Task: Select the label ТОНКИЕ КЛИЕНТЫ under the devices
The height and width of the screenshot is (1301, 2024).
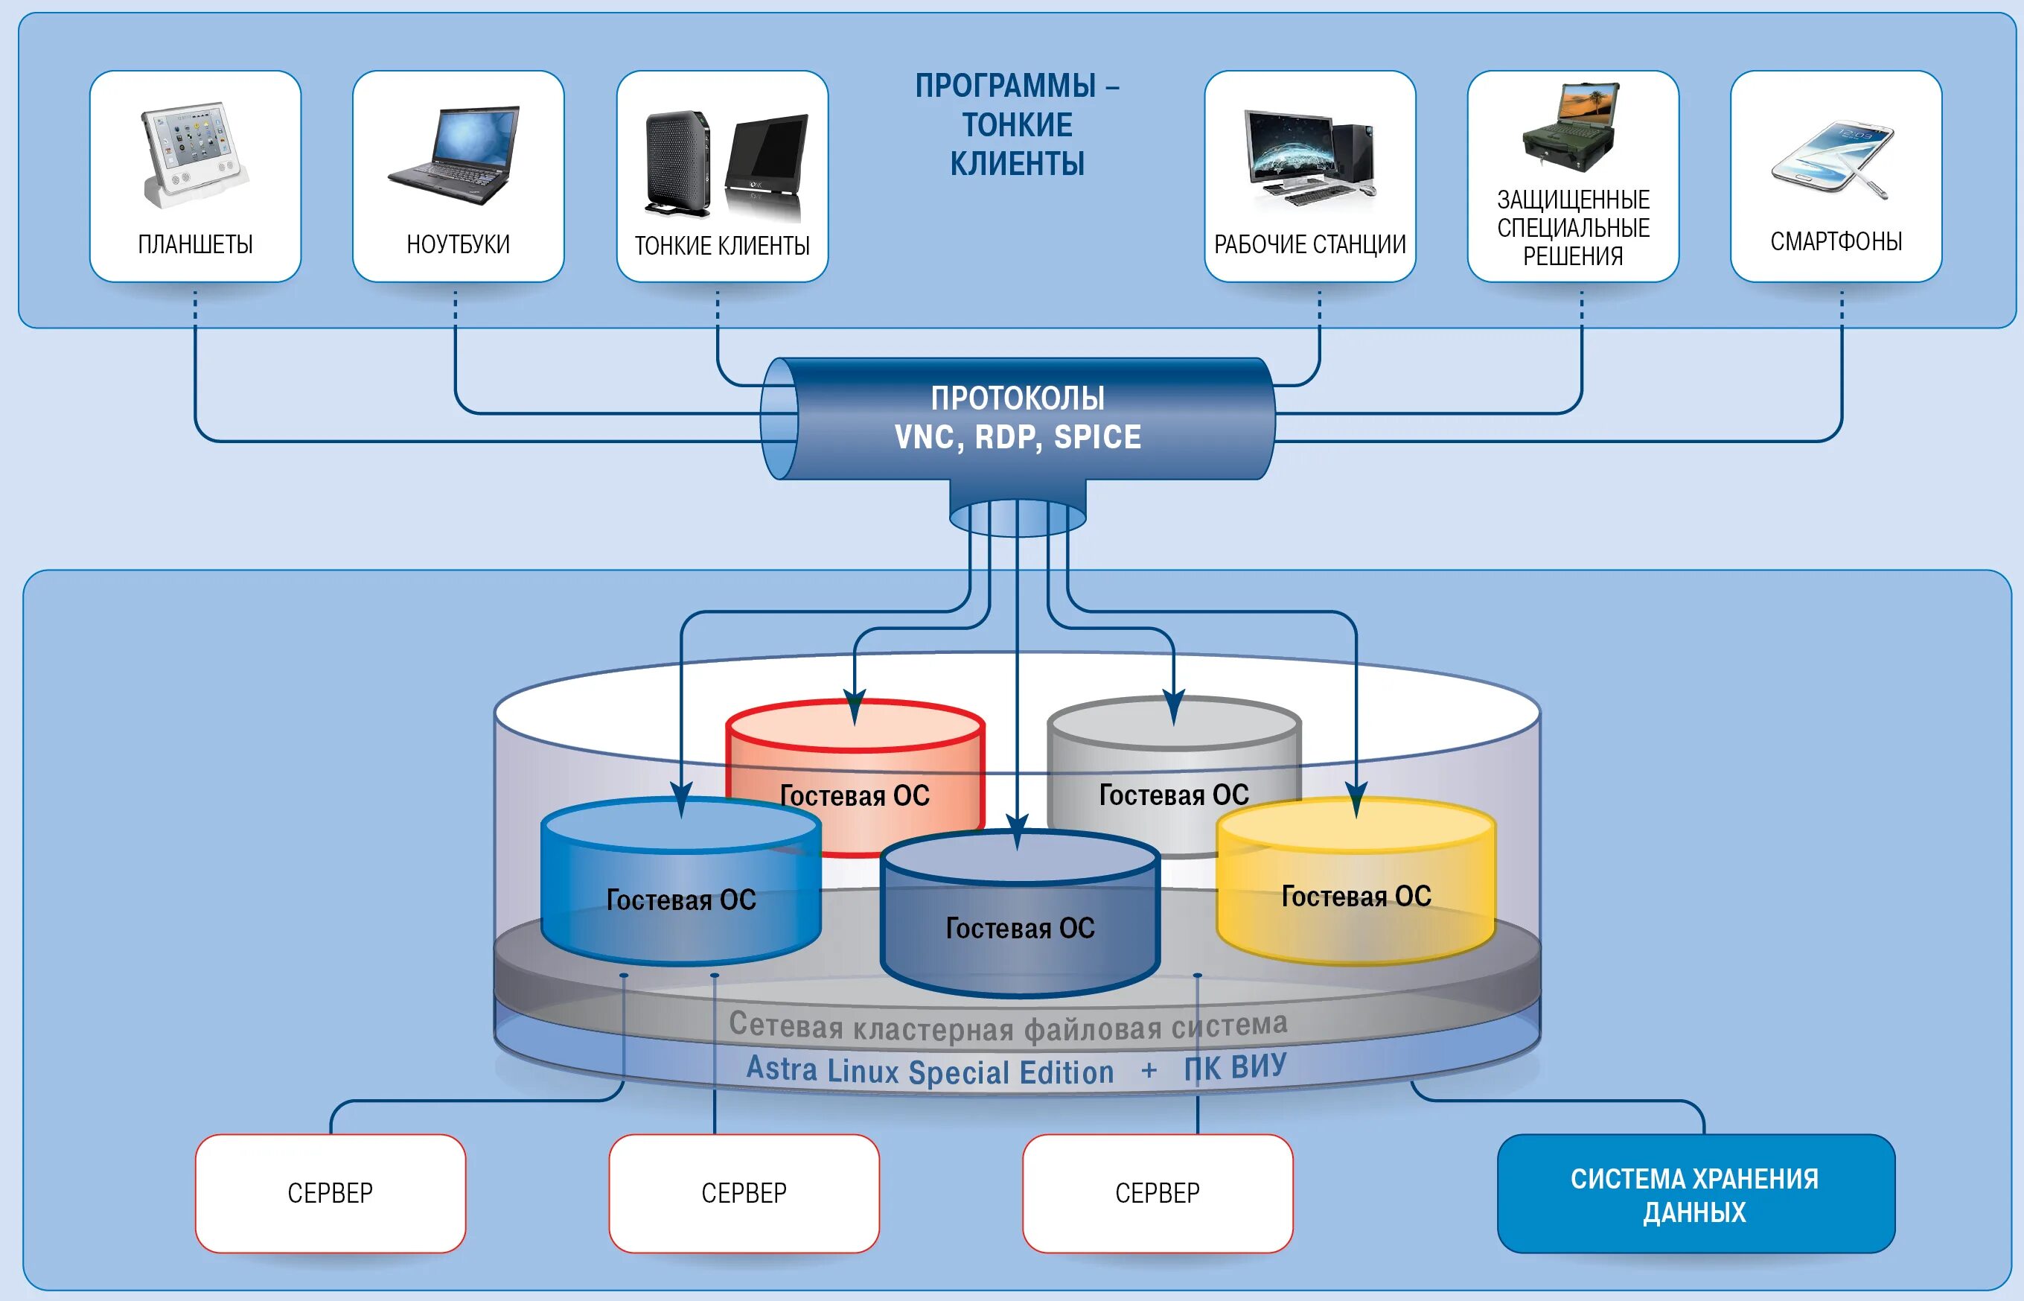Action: point(722,246)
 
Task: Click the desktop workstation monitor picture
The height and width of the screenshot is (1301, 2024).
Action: point(1292,152)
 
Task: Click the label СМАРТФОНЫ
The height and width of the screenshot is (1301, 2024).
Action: point(1836,241)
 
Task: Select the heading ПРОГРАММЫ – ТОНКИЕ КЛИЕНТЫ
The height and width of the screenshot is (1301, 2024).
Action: point(1018,125)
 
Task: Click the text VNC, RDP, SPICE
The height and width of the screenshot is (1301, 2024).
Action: point(1018,436)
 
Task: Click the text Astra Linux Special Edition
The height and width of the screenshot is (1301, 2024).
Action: point(930,1070)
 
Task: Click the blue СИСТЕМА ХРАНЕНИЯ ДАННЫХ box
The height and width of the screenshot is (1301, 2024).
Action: point(1695,1194)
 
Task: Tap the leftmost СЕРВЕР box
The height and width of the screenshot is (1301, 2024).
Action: point(331,1193)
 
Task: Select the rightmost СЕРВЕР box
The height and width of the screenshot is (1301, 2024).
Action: point(1157,1193)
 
